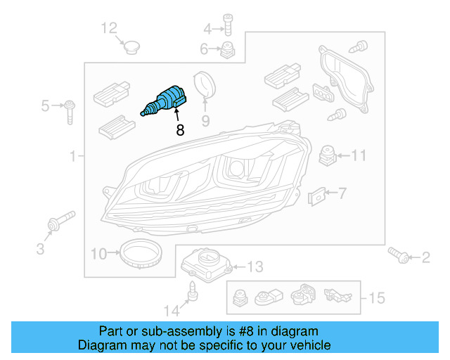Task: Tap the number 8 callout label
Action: tap(179, 130)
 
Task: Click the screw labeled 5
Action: tap(71, 111)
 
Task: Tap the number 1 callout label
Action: tap(72, 157)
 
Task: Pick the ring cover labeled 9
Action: tap(204, 85)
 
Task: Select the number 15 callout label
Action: tap(376, 299)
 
